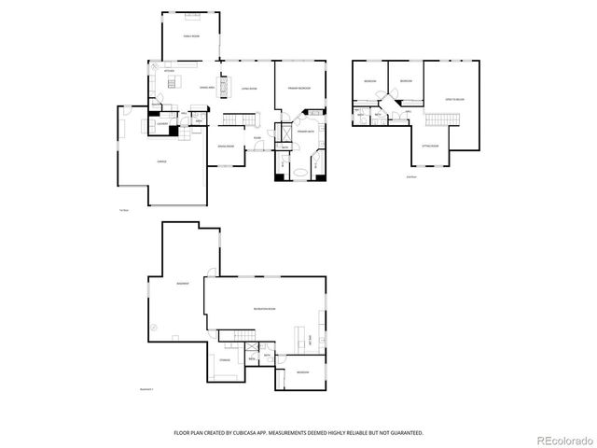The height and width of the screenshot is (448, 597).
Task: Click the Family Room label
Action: (190, 35)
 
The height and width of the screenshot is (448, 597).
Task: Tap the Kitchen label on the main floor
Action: (169, 71)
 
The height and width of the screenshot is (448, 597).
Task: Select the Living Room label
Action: (249, 89)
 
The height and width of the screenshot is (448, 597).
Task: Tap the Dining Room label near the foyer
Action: (225, 147)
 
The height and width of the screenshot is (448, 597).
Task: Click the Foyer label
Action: (257, 139)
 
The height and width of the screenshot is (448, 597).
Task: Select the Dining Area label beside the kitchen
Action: (196, 87)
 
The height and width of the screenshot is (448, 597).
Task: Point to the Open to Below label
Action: (455, 98)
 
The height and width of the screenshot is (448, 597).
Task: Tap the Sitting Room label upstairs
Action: (430, 147)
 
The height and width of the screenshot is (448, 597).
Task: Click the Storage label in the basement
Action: (225, 358)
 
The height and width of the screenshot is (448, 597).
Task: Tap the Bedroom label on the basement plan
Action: (303, 371)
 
